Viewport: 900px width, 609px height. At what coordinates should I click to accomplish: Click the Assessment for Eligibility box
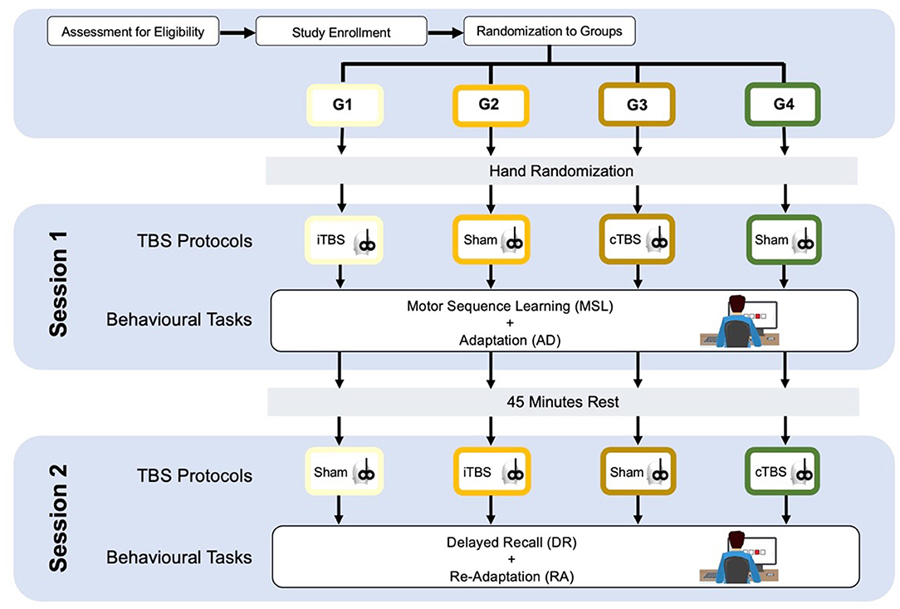[x=133, y=32]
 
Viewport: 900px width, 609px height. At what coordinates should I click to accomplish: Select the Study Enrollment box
[x=341, y=32]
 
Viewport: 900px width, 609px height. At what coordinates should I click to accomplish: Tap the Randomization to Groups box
[x=550, y=31]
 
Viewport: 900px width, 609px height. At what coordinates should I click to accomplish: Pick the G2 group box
[x=490, y=105]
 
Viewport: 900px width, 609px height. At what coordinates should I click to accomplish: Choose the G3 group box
[x=637, y=105]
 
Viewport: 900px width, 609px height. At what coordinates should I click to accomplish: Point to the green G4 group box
[x=783, y=104]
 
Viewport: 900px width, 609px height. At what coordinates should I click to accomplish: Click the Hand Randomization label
[x=561, y=171]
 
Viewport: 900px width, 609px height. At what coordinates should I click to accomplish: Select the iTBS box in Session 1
[x=343, y=240]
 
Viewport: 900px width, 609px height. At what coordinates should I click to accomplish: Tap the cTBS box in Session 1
[x=637, y=239]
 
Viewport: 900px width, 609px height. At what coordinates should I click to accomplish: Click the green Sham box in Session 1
[x=784, y=239]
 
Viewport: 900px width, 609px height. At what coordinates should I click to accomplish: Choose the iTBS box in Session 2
[x=492, y=472]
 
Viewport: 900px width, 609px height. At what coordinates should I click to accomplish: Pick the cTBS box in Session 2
[x=782, y=472]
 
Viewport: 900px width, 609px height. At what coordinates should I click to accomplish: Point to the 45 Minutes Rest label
[x=563, y=401]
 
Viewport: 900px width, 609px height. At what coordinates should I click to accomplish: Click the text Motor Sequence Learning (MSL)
[x=510, y=307]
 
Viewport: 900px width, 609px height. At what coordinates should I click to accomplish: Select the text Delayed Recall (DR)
[x=511, y=543]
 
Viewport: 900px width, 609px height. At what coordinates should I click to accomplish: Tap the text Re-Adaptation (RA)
[x=511, y=577]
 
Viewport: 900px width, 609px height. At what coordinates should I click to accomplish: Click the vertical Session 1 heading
[x=59, y=284]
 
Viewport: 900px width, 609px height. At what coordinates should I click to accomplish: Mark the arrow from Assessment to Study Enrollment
[x=237, y=32]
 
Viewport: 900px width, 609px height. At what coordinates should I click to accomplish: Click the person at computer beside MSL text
[x=740, y=322]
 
